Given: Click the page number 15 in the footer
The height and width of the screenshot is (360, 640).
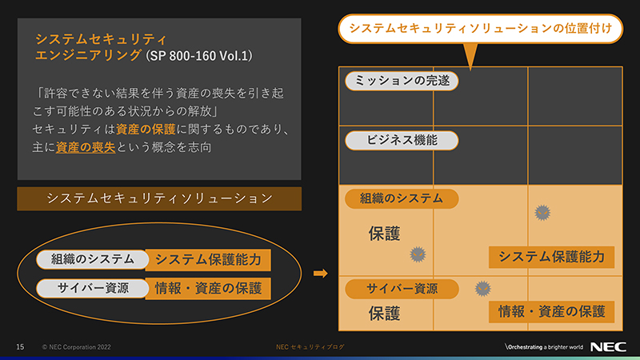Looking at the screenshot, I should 20,346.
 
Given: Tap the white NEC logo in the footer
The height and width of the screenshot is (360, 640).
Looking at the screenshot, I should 609,346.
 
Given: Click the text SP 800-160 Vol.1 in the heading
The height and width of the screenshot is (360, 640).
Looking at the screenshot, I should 200,55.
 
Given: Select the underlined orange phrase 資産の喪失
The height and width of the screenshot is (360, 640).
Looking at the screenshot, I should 85,147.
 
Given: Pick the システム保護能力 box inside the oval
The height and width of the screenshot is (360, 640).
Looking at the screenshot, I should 207,259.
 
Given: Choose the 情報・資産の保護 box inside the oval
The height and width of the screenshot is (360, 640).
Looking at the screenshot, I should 207,288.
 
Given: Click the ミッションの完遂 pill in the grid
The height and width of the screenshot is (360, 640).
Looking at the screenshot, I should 402,81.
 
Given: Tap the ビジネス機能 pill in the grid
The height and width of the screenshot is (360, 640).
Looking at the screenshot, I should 402,140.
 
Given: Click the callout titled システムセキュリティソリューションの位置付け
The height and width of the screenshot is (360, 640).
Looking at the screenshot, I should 481,29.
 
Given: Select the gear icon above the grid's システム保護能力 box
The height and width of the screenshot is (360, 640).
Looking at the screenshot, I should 542,212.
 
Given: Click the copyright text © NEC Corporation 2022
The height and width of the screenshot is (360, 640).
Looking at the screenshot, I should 75,346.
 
